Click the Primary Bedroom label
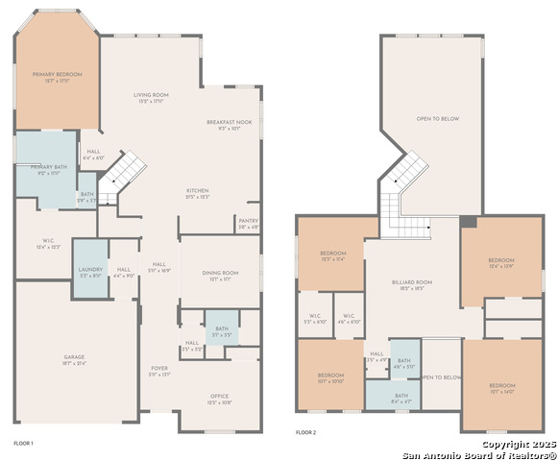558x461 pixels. (x=58, y=74)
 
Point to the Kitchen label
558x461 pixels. (x=197, y=191)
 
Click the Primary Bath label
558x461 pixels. (x=46, y=169)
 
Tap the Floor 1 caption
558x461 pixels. (x=23, y=443)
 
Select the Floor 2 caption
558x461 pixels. (x=305, y=434)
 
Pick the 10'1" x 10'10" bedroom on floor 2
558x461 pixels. (x=330, y=376)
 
